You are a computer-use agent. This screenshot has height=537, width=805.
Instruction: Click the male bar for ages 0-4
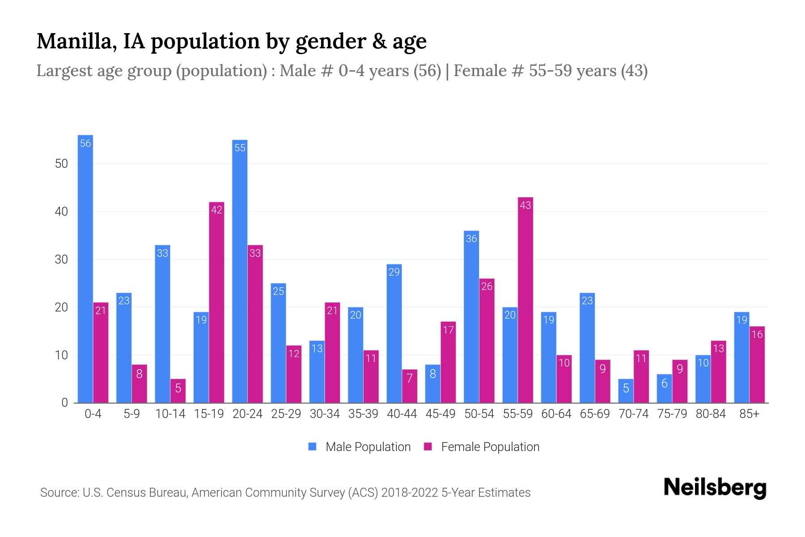click(x=85, y=268)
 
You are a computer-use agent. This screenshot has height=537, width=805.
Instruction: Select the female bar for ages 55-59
click(x=525, y=300)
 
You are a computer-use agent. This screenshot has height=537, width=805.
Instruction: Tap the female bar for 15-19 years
click(x=216, y=303)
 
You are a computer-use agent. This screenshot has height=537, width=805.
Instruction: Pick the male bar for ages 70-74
click(x=626, y=391)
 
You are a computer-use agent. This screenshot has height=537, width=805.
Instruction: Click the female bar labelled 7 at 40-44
click(x=409, y=386)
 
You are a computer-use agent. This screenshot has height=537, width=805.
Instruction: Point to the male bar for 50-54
click(x=471, y=317)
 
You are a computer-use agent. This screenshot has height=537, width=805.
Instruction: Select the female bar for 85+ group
click(x=757, y=365)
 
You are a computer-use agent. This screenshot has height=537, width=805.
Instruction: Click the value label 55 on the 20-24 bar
click(x=240, y=148)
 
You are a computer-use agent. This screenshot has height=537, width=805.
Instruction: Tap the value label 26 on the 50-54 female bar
click(x=487, y=286)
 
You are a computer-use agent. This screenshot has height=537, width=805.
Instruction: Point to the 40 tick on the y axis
click(x=61, y=212)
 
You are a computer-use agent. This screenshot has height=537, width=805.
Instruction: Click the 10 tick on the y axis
click(x=61, y=355)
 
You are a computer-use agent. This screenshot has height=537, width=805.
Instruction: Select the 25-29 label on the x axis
click(x=286, y=414)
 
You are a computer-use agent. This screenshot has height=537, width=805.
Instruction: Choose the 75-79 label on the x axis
click(x=672, y=414)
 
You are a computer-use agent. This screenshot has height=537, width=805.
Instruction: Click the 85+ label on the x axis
click(x=749, y=414)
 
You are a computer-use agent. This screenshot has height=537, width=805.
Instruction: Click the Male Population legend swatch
click(x=312, y=447)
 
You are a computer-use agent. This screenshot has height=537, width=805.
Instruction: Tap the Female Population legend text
click(x=490, y=447)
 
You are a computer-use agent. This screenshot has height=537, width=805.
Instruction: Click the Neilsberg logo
click(x=715, y=488)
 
